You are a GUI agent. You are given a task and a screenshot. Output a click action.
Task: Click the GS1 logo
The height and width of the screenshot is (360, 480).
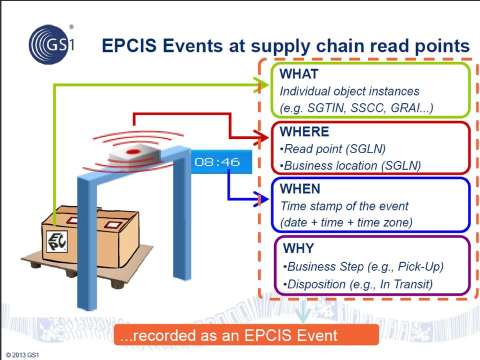[x=51, y=44]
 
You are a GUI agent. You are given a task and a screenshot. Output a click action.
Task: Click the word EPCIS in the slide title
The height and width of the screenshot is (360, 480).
[x=129, y=46]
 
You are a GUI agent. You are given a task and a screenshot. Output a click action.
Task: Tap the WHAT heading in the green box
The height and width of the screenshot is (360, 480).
[x=299, y=74]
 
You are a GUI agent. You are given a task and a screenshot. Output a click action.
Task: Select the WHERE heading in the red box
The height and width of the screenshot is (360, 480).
[x=304, y=131]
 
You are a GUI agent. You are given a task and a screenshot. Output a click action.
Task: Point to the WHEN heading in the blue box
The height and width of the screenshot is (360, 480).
[x=300, y=189]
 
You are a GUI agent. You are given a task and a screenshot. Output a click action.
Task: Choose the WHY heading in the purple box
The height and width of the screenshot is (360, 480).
[x=298, y=248]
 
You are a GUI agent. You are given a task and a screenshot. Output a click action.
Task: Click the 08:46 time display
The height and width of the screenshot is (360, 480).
[x=217, y=161]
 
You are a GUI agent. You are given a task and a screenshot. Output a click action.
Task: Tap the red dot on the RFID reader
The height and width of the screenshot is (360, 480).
[x=133, y=151]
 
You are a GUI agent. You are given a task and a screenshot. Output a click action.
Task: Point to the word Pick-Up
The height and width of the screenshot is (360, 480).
[x=420, y=266]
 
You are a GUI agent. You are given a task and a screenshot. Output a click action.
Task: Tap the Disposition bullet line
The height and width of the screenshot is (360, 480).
[x=357, y=284]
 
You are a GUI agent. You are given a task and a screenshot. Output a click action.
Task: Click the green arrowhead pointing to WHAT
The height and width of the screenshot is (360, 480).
[x=261, y=85]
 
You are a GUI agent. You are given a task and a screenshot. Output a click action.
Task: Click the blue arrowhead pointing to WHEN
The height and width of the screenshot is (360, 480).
[x=261, y=199]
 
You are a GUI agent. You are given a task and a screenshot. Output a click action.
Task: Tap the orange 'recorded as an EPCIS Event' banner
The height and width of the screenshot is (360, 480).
[x=246, y=335]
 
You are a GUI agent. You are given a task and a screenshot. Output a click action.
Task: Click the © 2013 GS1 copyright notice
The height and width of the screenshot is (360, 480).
[x=22, y=355]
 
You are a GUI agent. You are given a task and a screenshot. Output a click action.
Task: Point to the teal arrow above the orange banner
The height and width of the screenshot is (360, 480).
[x=303, y=312]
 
